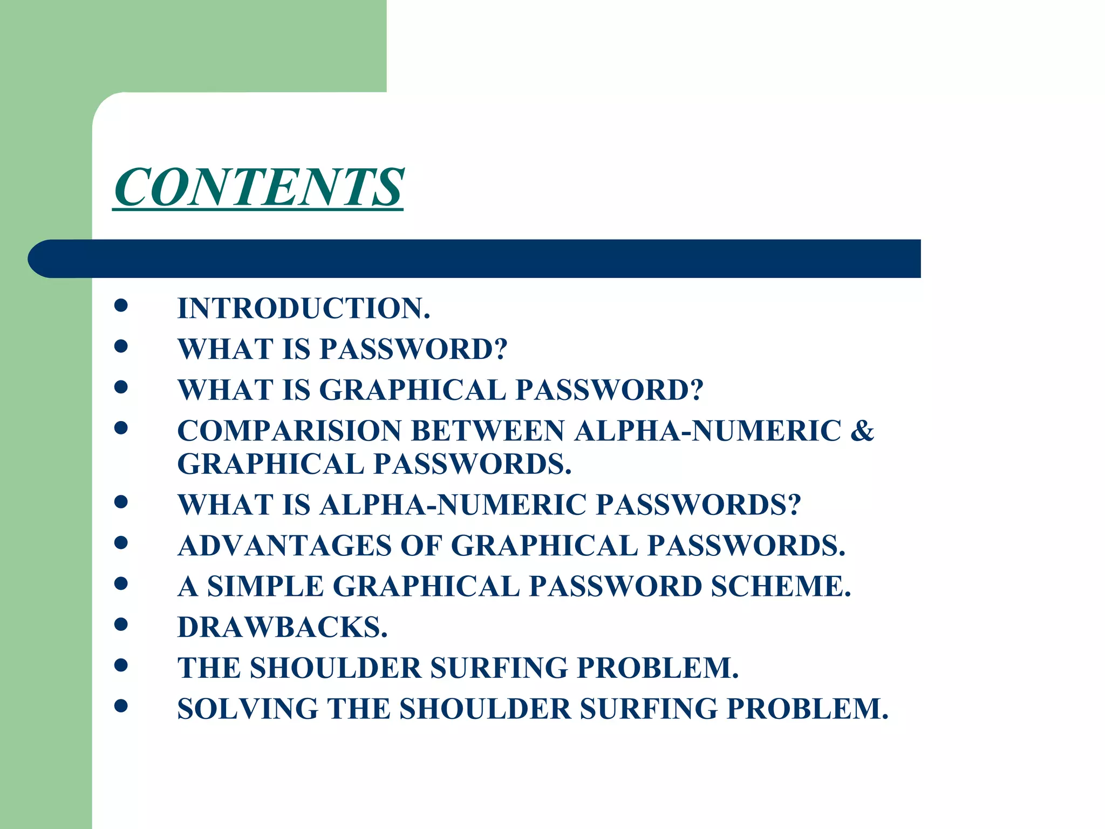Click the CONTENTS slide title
point(258,187)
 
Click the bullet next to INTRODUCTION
point(121,305)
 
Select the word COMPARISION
point(290,431)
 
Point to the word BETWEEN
point(488,431)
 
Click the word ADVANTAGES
point(284,546)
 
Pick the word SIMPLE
point(265,587)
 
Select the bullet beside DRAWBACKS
point(121,624)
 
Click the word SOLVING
point(248,709)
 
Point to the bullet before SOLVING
point(121,705)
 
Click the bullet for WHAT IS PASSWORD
point(121,346)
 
